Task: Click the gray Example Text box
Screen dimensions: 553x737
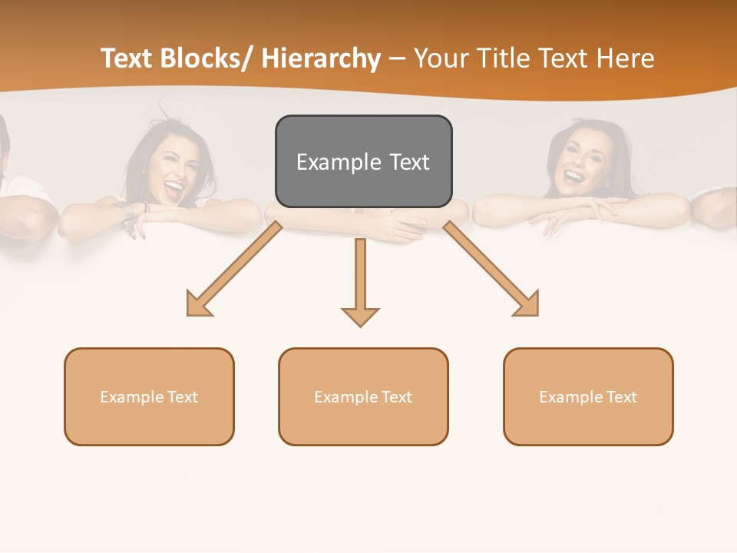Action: coord(363,161)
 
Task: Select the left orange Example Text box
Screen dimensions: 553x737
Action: coord(149,396)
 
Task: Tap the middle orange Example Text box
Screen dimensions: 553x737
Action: coord(363,396)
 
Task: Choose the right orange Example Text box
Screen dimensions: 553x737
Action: coord(588,396)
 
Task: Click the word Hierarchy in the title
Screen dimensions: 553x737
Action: coord(321,58)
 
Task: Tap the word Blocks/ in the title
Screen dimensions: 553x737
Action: coord(208,58)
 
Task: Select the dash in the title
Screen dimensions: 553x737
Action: coord(397,59)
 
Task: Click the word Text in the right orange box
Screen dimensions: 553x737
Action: coord(621,396)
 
